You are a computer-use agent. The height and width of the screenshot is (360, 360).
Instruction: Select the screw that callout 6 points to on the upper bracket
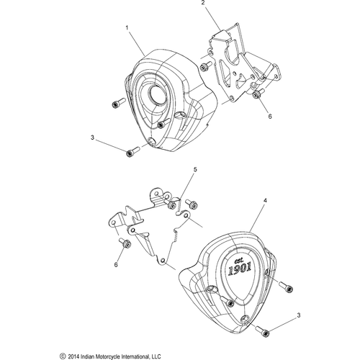click(x=256, y=93)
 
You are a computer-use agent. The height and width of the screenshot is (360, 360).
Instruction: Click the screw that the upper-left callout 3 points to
click(x=132, y=152)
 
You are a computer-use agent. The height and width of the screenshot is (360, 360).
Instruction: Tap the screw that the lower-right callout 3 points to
click(x=264, y=331)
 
